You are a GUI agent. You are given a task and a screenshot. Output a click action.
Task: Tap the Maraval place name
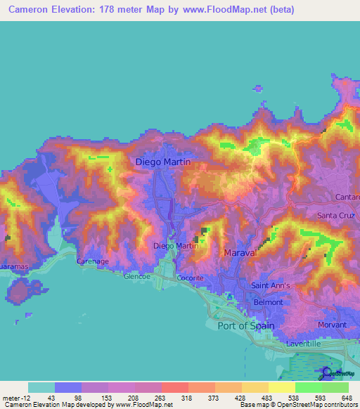238,252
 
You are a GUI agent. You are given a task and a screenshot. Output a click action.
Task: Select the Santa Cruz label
337,215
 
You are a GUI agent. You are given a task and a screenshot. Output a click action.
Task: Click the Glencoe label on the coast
136,277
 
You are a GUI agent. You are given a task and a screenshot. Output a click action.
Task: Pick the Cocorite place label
190,278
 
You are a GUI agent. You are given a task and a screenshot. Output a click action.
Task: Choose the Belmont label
267,301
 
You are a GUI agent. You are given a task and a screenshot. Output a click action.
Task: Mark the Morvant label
332,325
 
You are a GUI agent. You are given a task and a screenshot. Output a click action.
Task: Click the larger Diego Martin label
162,162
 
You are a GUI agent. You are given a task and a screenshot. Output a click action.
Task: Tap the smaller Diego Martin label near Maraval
176,246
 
